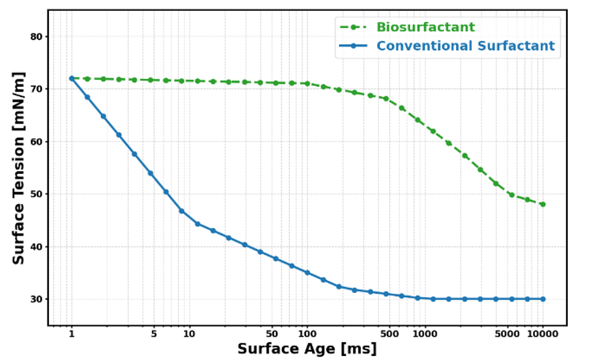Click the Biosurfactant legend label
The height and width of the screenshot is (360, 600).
tap(425, 27)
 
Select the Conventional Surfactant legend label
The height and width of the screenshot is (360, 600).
tap(465, 46)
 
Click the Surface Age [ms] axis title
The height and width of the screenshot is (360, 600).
tap(307, 349)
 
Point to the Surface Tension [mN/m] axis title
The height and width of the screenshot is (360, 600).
tap(19, 168)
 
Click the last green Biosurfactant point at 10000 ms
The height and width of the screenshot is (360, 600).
tap(542, 205)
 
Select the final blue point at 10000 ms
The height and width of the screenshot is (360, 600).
tap(542, 299)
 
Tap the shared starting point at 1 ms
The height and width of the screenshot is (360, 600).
tap(72, 78)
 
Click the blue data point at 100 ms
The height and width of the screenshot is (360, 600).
tap(307, 273)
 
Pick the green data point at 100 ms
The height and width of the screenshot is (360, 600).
tap(307, 84)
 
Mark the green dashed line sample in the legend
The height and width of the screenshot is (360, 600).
tap(354, 27)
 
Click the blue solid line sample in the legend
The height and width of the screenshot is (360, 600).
tap(354, 46)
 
